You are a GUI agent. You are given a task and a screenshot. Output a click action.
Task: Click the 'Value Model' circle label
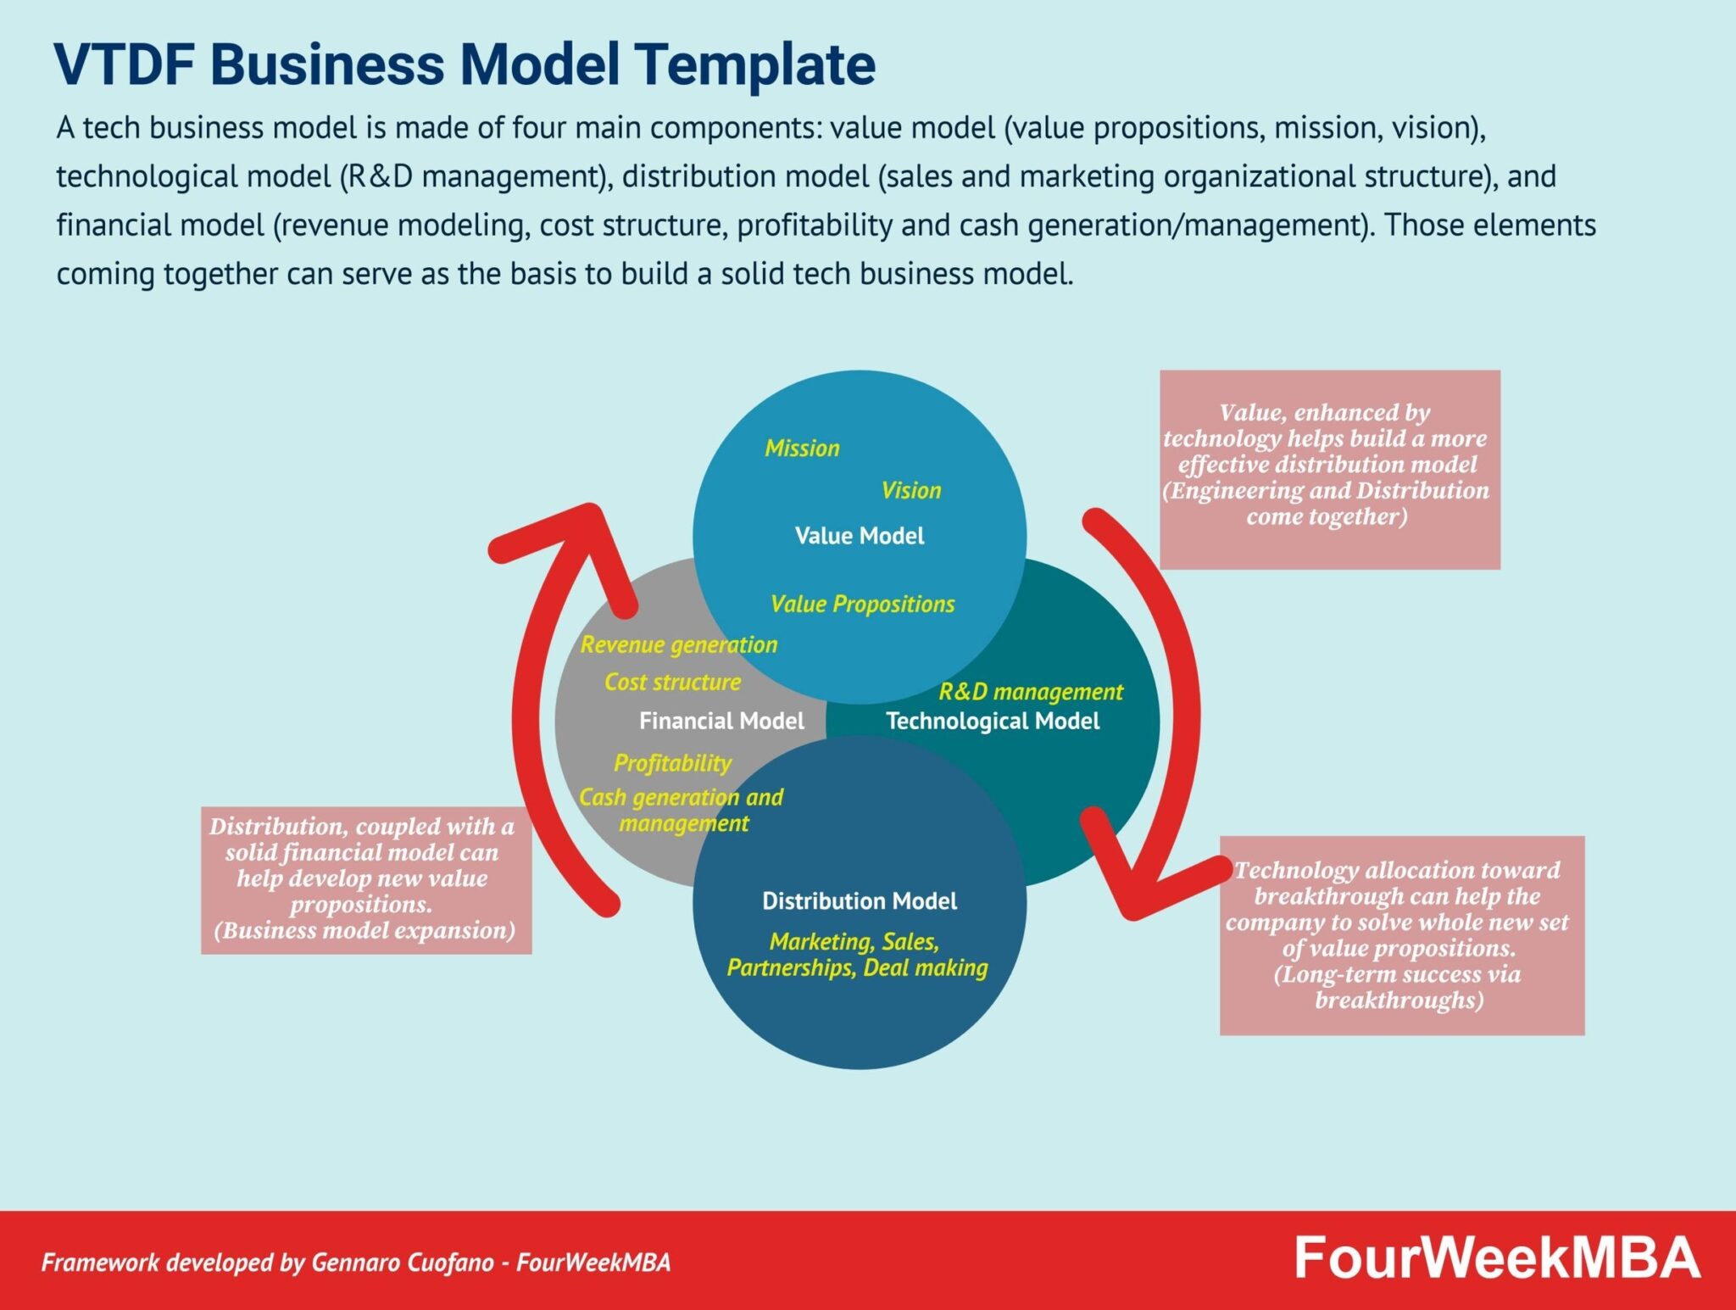[x=859, y=536]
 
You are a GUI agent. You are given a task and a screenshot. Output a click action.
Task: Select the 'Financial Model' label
[x=721, y=721]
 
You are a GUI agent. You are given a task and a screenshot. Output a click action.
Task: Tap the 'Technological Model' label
[x=993, y=721]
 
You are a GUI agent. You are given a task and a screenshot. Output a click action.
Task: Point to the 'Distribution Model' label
[x=859, y=900]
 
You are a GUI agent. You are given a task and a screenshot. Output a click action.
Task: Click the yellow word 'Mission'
[x=802, y=448]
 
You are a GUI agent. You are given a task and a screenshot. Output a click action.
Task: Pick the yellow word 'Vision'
[x=910, y=490]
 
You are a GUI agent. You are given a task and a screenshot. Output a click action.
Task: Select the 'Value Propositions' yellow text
[x=862, y=604]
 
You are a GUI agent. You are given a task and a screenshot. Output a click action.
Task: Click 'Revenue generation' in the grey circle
[x=678, y=644]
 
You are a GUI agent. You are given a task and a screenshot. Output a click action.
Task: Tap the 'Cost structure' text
[x=672, y=682]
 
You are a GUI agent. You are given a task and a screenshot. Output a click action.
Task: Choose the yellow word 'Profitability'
[x=672, y=763]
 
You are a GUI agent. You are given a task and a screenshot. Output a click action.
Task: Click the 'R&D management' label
[x=1030, y=691]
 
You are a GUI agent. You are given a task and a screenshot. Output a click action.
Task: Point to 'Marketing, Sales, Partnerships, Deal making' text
[x=857, y=955]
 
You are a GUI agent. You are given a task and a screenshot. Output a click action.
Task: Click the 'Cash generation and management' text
[x=682, y=810]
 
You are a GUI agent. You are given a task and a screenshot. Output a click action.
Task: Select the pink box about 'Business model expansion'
[x=366, y=880]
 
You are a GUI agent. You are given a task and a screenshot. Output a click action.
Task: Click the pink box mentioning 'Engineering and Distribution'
[x=1329, y=469]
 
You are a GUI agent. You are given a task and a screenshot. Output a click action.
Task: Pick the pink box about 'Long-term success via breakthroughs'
[x=1401, y=935]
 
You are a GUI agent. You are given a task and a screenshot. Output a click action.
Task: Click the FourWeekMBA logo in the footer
[x=1497, y=1258]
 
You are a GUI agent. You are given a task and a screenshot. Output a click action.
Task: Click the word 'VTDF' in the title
[x=124, y=64]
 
